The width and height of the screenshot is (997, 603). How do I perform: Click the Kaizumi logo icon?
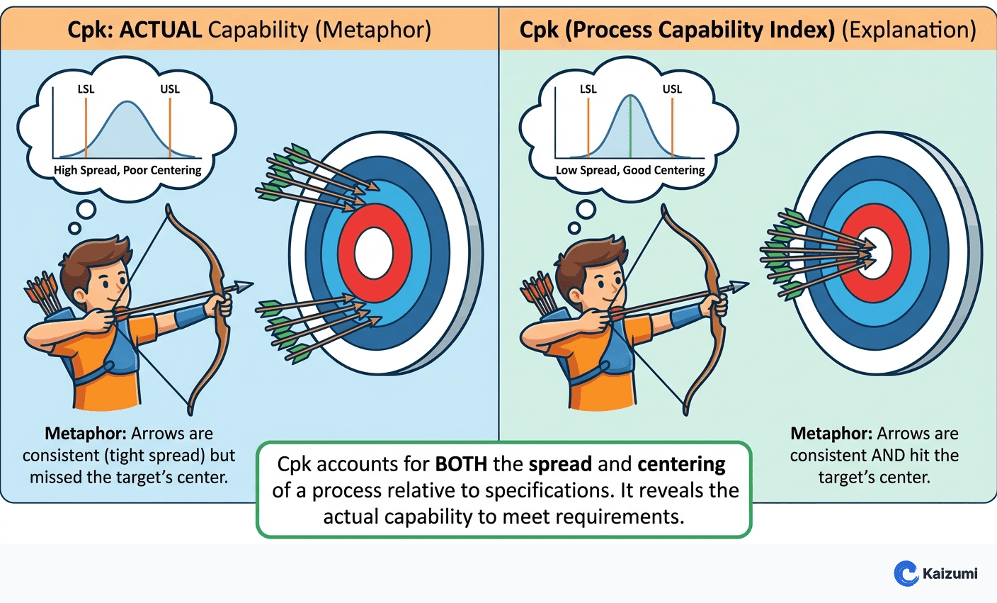(x=906, y=573)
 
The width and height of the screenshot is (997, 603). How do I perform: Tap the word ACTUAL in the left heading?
(x=161, y=30)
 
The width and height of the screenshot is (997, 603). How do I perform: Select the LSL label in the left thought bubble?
(x=86, y=89)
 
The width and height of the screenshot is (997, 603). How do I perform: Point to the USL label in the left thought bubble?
(x=170, y=89)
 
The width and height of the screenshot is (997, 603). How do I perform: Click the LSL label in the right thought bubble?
(x=588, y=89)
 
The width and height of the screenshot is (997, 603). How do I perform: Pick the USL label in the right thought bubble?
(x=672, y=89)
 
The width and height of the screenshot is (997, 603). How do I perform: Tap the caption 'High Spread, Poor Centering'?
(x=127, y=170)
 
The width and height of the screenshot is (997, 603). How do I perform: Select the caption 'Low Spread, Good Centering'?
(x=629, y=170)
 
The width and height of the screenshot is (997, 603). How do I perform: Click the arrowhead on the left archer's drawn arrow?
(x=244, y=286)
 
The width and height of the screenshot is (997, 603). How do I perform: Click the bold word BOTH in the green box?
(x=460, y=464)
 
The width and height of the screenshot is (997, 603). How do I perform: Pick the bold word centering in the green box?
(x=681, y=464)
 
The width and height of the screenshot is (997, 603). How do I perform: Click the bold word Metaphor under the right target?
(x=830, y=434)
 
